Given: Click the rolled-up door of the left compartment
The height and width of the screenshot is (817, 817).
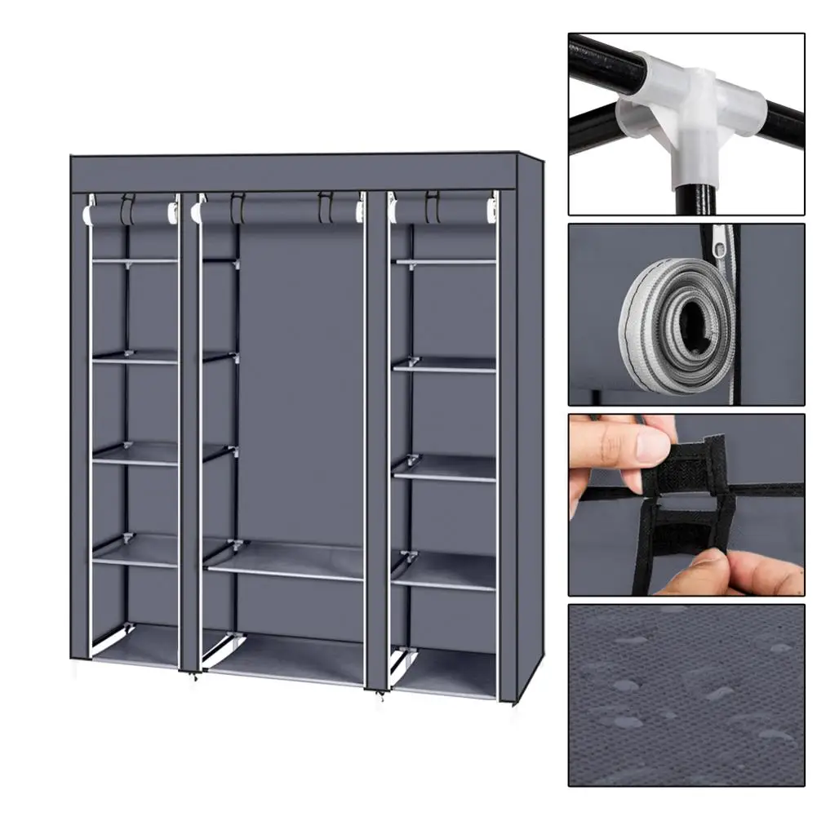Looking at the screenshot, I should coord(131,215).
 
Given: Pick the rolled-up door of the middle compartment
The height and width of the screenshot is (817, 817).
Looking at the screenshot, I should coord(278,213).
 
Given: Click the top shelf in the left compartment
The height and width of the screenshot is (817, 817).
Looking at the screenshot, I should coord(135,260).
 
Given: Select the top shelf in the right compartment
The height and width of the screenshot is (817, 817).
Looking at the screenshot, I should coord(445,261).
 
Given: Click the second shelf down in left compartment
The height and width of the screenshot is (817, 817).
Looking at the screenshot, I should coord(135,357).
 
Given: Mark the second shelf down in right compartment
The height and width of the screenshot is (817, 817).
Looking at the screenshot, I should coord(445,364).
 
